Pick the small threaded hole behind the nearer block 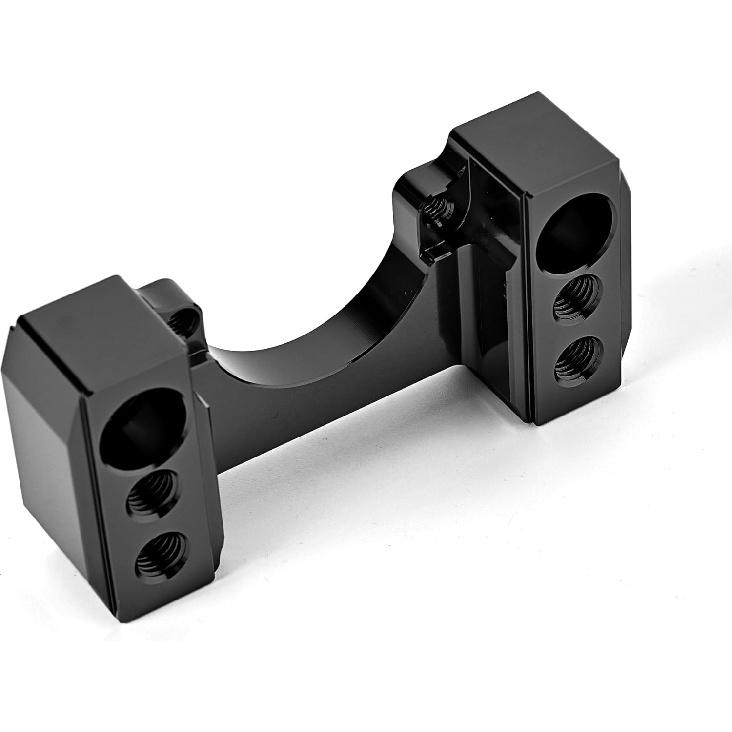tap(184, 321)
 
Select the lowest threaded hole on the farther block tap(577, 357)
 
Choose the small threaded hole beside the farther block tap(436, 207)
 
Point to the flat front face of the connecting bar tap(330, 400)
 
